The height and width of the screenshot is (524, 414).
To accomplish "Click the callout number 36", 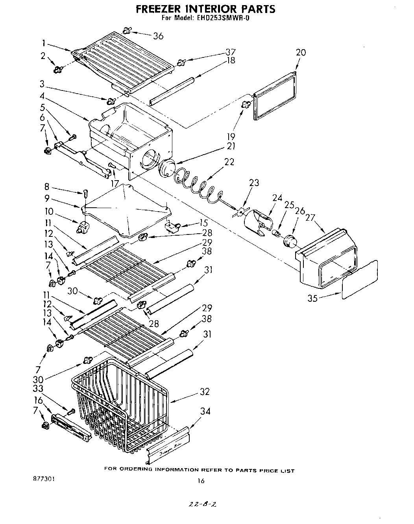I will [x=158, y=36].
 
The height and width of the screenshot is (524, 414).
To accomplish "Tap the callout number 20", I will [x=301, y=52].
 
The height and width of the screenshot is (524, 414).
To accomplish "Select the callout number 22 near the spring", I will [x=229, y=162].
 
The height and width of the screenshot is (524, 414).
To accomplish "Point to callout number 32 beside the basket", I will [x=204, y=392].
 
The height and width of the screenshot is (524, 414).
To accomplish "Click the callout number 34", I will [x=205, y=411].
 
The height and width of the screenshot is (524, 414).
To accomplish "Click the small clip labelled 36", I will [x=127, y=30].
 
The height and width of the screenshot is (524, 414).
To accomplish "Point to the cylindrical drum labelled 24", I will [x=258, y=222].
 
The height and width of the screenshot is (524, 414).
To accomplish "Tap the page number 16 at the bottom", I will [x=201, y=480].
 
